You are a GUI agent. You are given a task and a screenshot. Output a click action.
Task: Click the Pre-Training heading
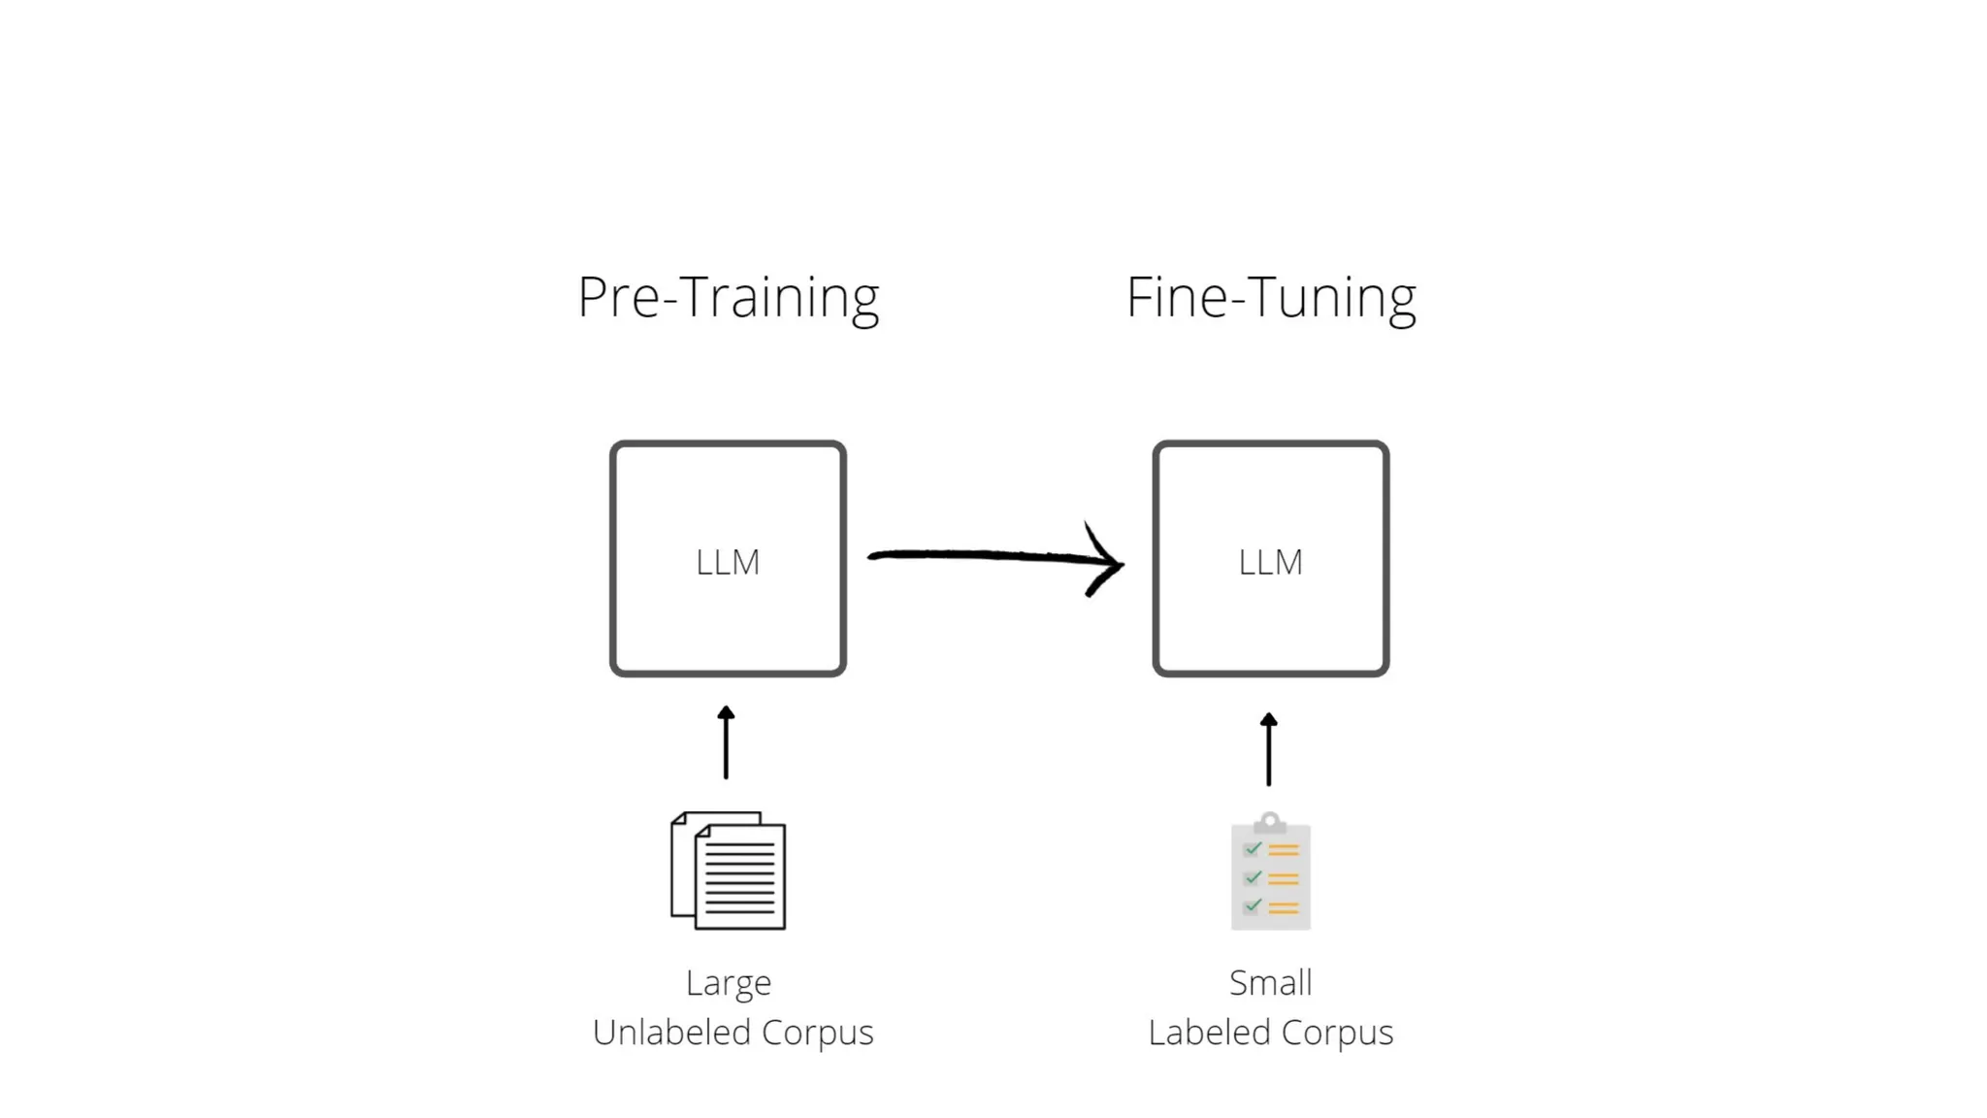(x=728, y=297)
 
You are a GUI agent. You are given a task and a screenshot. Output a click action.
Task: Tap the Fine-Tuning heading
(x=1271, y=297)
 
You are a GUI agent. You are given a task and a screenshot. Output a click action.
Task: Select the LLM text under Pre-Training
(x=728, y=562)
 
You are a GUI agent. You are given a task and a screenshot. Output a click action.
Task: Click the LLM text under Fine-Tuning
(x=1271, y=562)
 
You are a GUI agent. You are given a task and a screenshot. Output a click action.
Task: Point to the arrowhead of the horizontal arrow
(x=1111, y=562)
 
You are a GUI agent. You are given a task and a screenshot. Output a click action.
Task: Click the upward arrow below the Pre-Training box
(x=726, y=742)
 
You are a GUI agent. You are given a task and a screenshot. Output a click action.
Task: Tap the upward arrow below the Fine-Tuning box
(x=1269, y=748)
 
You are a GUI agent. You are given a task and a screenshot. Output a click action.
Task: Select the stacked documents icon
(x=729, y=871)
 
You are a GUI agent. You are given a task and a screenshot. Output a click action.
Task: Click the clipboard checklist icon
(x=1271, y=872)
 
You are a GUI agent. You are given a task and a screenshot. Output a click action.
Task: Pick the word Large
(x=729, y=983)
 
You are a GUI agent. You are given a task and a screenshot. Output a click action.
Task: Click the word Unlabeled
(x=670, y=1032)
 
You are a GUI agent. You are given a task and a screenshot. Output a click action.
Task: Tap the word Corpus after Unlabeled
(x=817, y=1034)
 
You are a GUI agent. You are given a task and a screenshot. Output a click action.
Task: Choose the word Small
(x=1271, y=982)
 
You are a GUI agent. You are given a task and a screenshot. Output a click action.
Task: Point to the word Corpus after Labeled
(x=1338, y=1034)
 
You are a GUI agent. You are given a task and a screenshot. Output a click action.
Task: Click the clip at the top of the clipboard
(x=1270, y=822)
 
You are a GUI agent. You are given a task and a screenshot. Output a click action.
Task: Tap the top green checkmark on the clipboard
(x=1253, y=849)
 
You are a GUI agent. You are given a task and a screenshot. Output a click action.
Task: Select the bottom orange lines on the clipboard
(x=1284, y=907)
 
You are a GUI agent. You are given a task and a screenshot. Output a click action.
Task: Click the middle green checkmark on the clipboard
(x=1253, y=877)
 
